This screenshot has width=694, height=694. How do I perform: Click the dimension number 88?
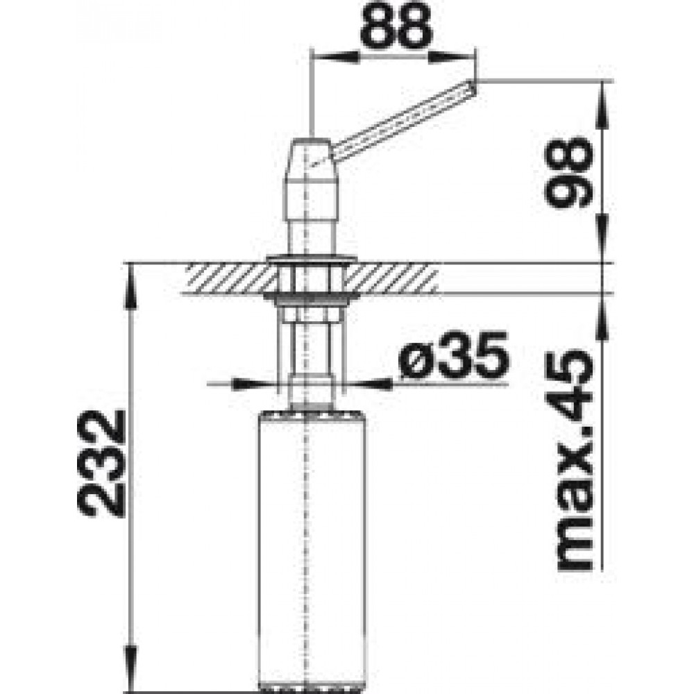[396, 26]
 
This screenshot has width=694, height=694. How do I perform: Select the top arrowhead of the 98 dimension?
[602, 105]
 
